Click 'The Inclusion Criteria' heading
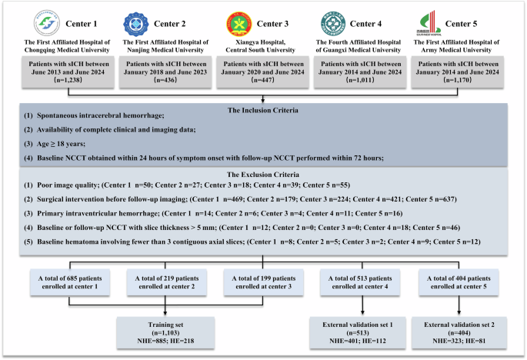(263, 109)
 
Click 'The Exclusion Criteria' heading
(263, 174)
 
